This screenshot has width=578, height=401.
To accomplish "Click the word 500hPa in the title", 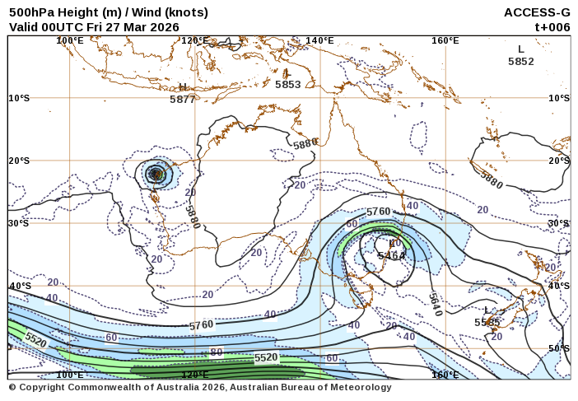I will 32,12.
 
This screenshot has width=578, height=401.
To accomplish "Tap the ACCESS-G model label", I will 537,12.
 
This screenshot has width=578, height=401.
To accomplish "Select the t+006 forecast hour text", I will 552,26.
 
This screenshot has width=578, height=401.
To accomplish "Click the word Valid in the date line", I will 25,26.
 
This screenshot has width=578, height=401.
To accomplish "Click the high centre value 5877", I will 182,99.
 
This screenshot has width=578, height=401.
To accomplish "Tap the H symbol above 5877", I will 183,87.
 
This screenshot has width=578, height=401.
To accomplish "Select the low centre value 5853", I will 287,84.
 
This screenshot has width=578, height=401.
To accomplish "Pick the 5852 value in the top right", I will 520,61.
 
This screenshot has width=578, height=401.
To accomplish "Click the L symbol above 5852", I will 521,49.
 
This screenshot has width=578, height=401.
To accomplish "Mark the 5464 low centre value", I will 391,256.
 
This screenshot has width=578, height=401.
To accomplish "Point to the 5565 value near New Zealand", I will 487,322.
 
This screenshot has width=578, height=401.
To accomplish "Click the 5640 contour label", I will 435,304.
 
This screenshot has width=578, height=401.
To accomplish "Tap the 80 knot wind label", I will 217,352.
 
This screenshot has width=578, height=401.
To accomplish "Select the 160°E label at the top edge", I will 445,40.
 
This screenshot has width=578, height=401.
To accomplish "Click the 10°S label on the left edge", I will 19,98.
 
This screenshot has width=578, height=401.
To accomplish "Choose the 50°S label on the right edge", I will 559,348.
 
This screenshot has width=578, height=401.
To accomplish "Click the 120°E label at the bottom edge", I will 194,375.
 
